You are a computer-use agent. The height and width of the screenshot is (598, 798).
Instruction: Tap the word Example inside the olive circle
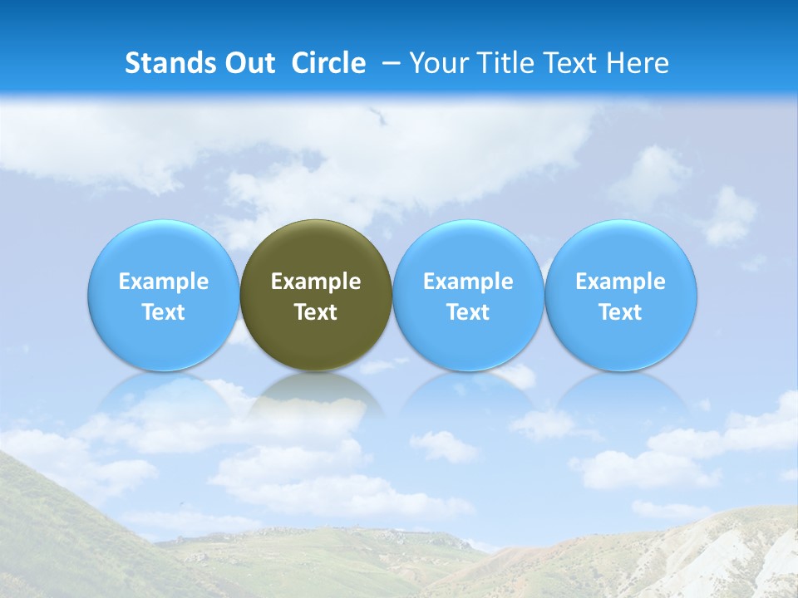pyautogui.click(x=316, y=282)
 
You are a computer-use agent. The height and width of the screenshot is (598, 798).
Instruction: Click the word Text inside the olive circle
pyautogui.click(x=316, y=312)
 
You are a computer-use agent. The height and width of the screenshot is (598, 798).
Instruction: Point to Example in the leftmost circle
pyautogui.click(x=164, y=282)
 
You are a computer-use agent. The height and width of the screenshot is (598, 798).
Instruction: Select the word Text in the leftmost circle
pyautogui.click(x=164, y=312)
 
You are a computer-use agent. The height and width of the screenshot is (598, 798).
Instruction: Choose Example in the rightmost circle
pyautogui.click(x=621, y=282)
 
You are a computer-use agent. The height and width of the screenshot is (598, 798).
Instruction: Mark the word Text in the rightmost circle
pyautogui.click(x=621, y=312)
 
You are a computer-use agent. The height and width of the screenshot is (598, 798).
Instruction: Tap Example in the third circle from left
pyautogui.click(x=468, y=282)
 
